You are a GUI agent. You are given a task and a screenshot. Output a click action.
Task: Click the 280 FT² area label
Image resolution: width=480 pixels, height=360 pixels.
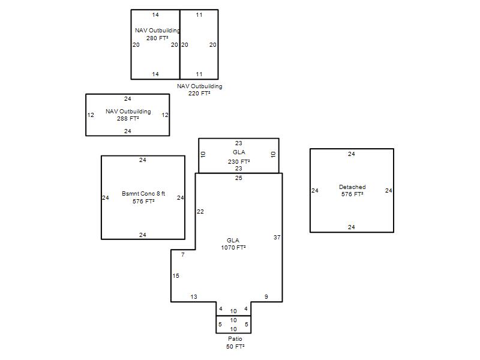[x=157, y=38]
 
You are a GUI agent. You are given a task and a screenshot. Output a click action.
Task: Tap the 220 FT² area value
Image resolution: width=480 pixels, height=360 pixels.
[x=199, y=94]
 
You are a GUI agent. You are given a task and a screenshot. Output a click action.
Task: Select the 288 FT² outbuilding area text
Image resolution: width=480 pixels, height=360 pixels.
[x=128, y=118]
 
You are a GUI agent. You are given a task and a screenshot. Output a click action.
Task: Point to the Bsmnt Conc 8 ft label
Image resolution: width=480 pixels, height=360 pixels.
[x=143, y=193]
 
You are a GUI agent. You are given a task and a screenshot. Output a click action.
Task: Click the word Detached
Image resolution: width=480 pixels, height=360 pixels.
[x=352, y=187]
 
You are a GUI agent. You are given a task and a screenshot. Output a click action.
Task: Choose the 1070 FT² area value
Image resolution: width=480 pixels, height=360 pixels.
[x=233, y=247]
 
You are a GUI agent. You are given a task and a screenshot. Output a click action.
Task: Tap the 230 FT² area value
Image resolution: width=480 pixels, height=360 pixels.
[x=239, y=161]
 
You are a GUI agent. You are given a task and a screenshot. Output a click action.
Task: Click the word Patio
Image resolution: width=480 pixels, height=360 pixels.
[x=235, y=338]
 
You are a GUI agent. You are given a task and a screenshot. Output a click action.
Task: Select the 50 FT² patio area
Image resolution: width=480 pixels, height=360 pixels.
[x=235, y=347]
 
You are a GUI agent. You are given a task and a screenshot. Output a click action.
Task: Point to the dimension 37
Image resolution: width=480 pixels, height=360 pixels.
[x=277, y=237]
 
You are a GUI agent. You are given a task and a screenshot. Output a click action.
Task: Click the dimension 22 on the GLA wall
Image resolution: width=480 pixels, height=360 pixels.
[x=200, y=212]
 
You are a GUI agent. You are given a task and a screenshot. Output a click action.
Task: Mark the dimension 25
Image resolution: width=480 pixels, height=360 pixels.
[x=238, y=178]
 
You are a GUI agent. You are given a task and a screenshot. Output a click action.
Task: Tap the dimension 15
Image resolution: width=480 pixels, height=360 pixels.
[x=176, y=276]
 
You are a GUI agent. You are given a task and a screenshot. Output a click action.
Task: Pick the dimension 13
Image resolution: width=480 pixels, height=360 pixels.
[x=194, y=296]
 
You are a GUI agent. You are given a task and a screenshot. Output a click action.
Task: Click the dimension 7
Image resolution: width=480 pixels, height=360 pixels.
[x=183, y=254]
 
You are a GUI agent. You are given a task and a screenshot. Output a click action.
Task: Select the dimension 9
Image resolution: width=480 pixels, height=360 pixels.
[x=266, y=296]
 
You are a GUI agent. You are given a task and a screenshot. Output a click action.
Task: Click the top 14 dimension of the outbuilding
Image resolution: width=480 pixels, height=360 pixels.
[x=155, y=14]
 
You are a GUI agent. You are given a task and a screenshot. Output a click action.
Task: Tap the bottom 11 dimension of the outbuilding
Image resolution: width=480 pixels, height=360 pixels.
[x=199, y=74]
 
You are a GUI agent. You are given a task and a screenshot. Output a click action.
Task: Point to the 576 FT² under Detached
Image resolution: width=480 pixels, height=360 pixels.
[x=352, y=194]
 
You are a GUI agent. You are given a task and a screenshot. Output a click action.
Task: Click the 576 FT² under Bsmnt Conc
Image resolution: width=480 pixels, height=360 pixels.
[x=143, y=202]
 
